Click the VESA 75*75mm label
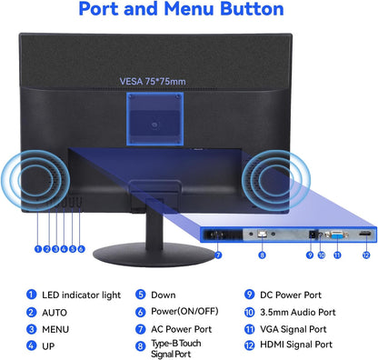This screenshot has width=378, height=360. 153,82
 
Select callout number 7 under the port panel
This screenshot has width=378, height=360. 218,255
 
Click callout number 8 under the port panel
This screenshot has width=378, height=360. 263,255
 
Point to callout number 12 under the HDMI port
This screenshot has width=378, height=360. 366,255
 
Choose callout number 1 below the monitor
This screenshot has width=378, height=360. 38,249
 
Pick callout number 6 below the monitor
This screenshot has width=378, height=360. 81,249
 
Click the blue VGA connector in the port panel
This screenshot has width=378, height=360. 337,235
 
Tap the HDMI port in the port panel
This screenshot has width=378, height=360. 365,234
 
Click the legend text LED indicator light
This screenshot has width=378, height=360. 81,295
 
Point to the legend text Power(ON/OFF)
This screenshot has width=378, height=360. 184,312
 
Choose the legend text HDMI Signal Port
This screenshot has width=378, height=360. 296,345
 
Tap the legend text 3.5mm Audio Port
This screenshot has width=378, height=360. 298,312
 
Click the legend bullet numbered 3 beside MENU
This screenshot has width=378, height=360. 31,329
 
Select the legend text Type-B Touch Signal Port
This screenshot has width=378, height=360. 176,349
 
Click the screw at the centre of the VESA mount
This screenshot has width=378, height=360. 155,125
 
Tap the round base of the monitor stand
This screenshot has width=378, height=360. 154,255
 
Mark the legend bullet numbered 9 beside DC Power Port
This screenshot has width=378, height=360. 249,295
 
